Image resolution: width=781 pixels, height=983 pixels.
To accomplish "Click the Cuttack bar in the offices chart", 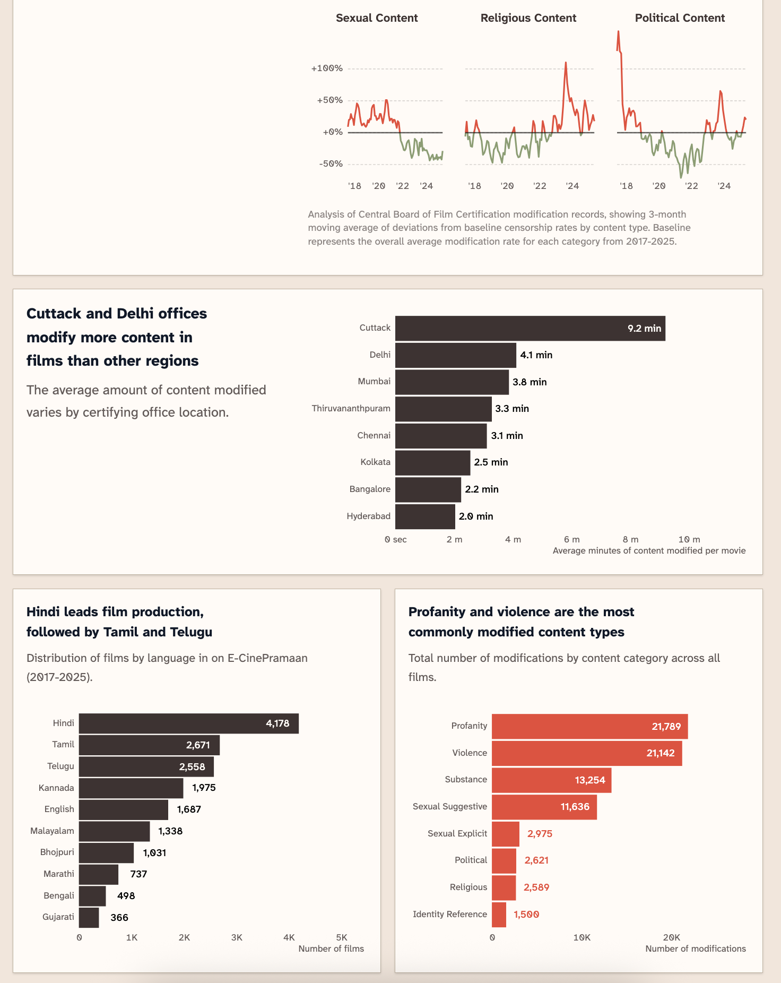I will point(530,328).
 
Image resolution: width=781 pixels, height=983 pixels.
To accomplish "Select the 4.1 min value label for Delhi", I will point(536,355).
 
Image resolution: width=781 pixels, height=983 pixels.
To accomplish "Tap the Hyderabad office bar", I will point(425,516).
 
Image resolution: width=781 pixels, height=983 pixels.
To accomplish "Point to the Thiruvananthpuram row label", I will point(351,409).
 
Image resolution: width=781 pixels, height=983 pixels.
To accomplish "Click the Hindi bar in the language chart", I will point(188,723).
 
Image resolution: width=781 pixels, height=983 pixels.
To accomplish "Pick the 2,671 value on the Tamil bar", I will point(198,745).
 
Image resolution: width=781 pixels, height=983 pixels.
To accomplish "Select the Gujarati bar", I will point(89,917).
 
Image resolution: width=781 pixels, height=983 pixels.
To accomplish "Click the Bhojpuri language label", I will point(57,852).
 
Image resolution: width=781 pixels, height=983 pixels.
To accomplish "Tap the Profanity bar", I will point(589,726).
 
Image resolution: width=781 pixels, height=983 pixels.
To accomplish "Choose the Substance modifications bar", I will point(551,780).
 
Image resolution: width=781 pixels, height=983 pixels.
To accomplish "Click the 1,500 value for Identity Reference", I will point(526,915).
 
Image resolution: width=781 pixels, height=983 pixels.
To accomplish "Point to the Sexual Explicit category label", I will point(457,834).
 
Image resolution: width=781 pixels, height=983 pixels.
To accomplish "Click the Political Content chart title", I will point(680,18).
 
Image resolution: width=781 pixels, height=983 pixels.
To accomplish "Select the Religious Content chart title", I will point(528,18).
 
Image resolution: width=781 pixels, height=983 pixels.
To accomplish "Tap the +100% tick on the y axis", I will point(327,68).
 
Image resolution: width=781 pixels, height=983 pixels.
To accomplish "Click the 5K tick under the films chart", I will point(342,937).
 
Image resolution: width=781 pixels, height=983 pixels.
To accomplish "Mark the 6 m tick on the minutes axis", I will point(571,539).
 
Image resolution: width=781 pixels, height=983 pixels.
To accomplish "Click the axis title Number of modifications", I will point(695,948).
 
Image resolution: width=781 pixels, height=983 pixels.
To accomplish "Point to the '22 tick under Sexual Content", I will point(402,186).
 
